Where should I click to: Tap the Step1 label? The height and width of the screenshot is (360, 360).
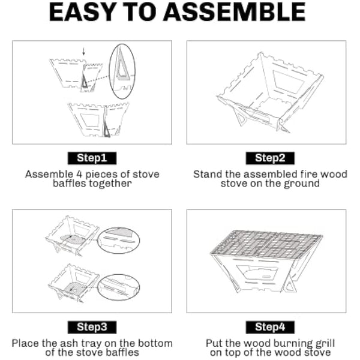pyautogui.click(x=92, y=158)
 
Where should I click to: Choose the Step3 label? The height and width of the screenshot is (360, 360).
pyautogui.click(x=92, y=327)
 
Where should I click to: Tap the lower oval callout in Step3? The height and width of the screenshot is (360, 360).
pyautogui.click(x=119, y=286)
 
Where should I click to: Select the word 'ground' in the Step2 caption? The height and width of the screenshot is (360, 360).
pyautogui.click(x=304, y=184)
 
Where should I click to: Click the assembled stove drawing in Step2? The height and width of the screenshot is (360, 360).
pyautogui.click(x=267, y=94)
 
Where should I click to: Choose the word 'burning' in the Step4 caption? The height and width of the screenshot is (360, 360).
pyautogui.click(x=278, y=344)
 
